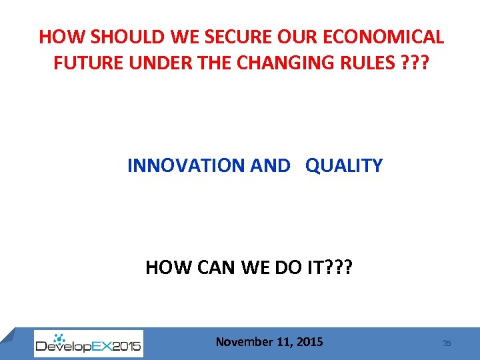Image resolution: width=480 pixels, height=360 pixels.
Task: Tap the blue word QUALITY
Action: click(344, 165)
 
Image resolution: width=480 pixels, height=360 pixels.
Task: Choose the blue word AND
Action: click(271, 165)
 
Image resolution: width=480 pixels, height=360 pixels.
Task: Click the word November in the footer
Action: click(244, 342)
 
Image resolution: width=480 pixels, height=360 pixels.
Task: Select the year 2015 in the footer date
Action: click(309, 342)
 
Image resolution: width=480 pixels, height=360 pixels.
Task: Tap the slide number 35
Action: click(447, 343)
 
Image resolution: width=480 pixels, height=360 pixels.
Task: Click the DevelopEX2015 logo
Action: click(88, 343)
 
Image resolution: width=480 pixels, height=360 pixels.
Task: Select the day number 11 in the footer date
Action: click(282, 342)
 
